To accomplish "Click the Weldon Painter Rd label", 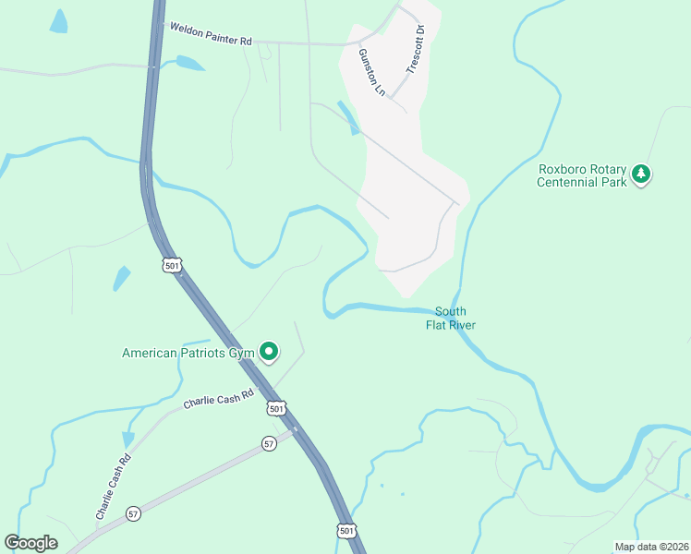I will (x=210, y=34).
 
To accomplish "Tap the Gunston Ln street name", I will (x=370, y=72).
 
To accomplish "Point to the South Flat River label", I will (x=450, y=318).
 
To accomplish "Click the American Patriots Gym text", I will (x=188, y=353).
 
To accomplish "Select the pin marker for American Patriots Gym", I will (x=269, y=351).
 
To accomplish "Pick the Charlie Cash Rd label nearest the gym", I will (x=218, y=397).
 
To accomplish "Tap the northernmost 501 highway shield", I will (x=172, y=265).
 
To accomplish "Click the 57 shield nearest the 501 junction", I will (x=268, y=442).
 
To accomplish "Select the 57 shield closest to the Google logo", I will (x=134, y=513).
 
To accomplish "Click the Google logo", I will (x=30, y=543).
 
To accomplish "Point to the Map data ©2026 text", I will (x=651, y=547).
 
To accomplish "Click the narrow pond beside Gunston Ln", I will (x=349, y=118).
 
